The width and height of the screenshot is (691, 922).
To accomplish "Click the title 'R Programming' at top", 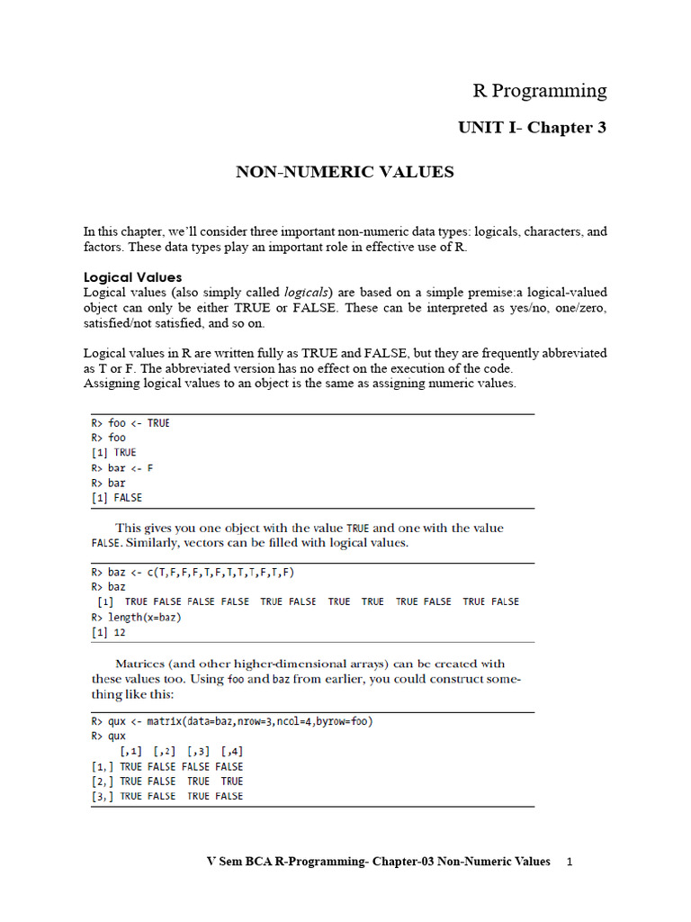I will pos(540,91).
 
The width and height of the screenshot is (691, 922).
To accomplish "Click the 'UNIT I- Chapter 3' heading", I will pos(533,128).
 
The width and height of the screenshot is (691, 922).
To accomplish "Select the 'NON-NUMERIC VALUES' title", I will pos(345,171).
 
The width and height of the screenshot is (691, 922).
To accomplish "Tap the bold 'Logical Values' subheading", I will pos(132,277).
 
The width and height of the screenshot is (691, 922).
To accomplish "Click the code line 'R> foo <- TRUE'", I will pos(130,423).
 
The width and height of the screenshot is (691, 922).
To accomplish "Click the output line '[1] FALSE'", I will pos(116,498).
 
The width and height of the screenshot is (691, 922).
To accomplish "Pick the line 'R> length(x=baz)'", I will pos(136,618).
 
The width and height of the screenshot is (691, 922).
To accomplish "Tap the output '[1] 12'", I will pos(108,633).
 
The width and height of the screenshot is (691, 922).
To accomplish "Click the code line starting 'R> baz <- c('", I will pos(193,572).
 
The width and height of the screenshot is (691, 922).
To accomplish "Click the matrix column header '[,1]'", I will pos(130,751).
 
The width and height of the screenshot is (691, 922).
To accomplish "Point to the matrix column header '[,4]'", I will pos(231,751).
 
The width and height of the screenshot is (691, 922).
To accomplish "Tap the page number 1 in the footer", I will pos(570,862).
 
